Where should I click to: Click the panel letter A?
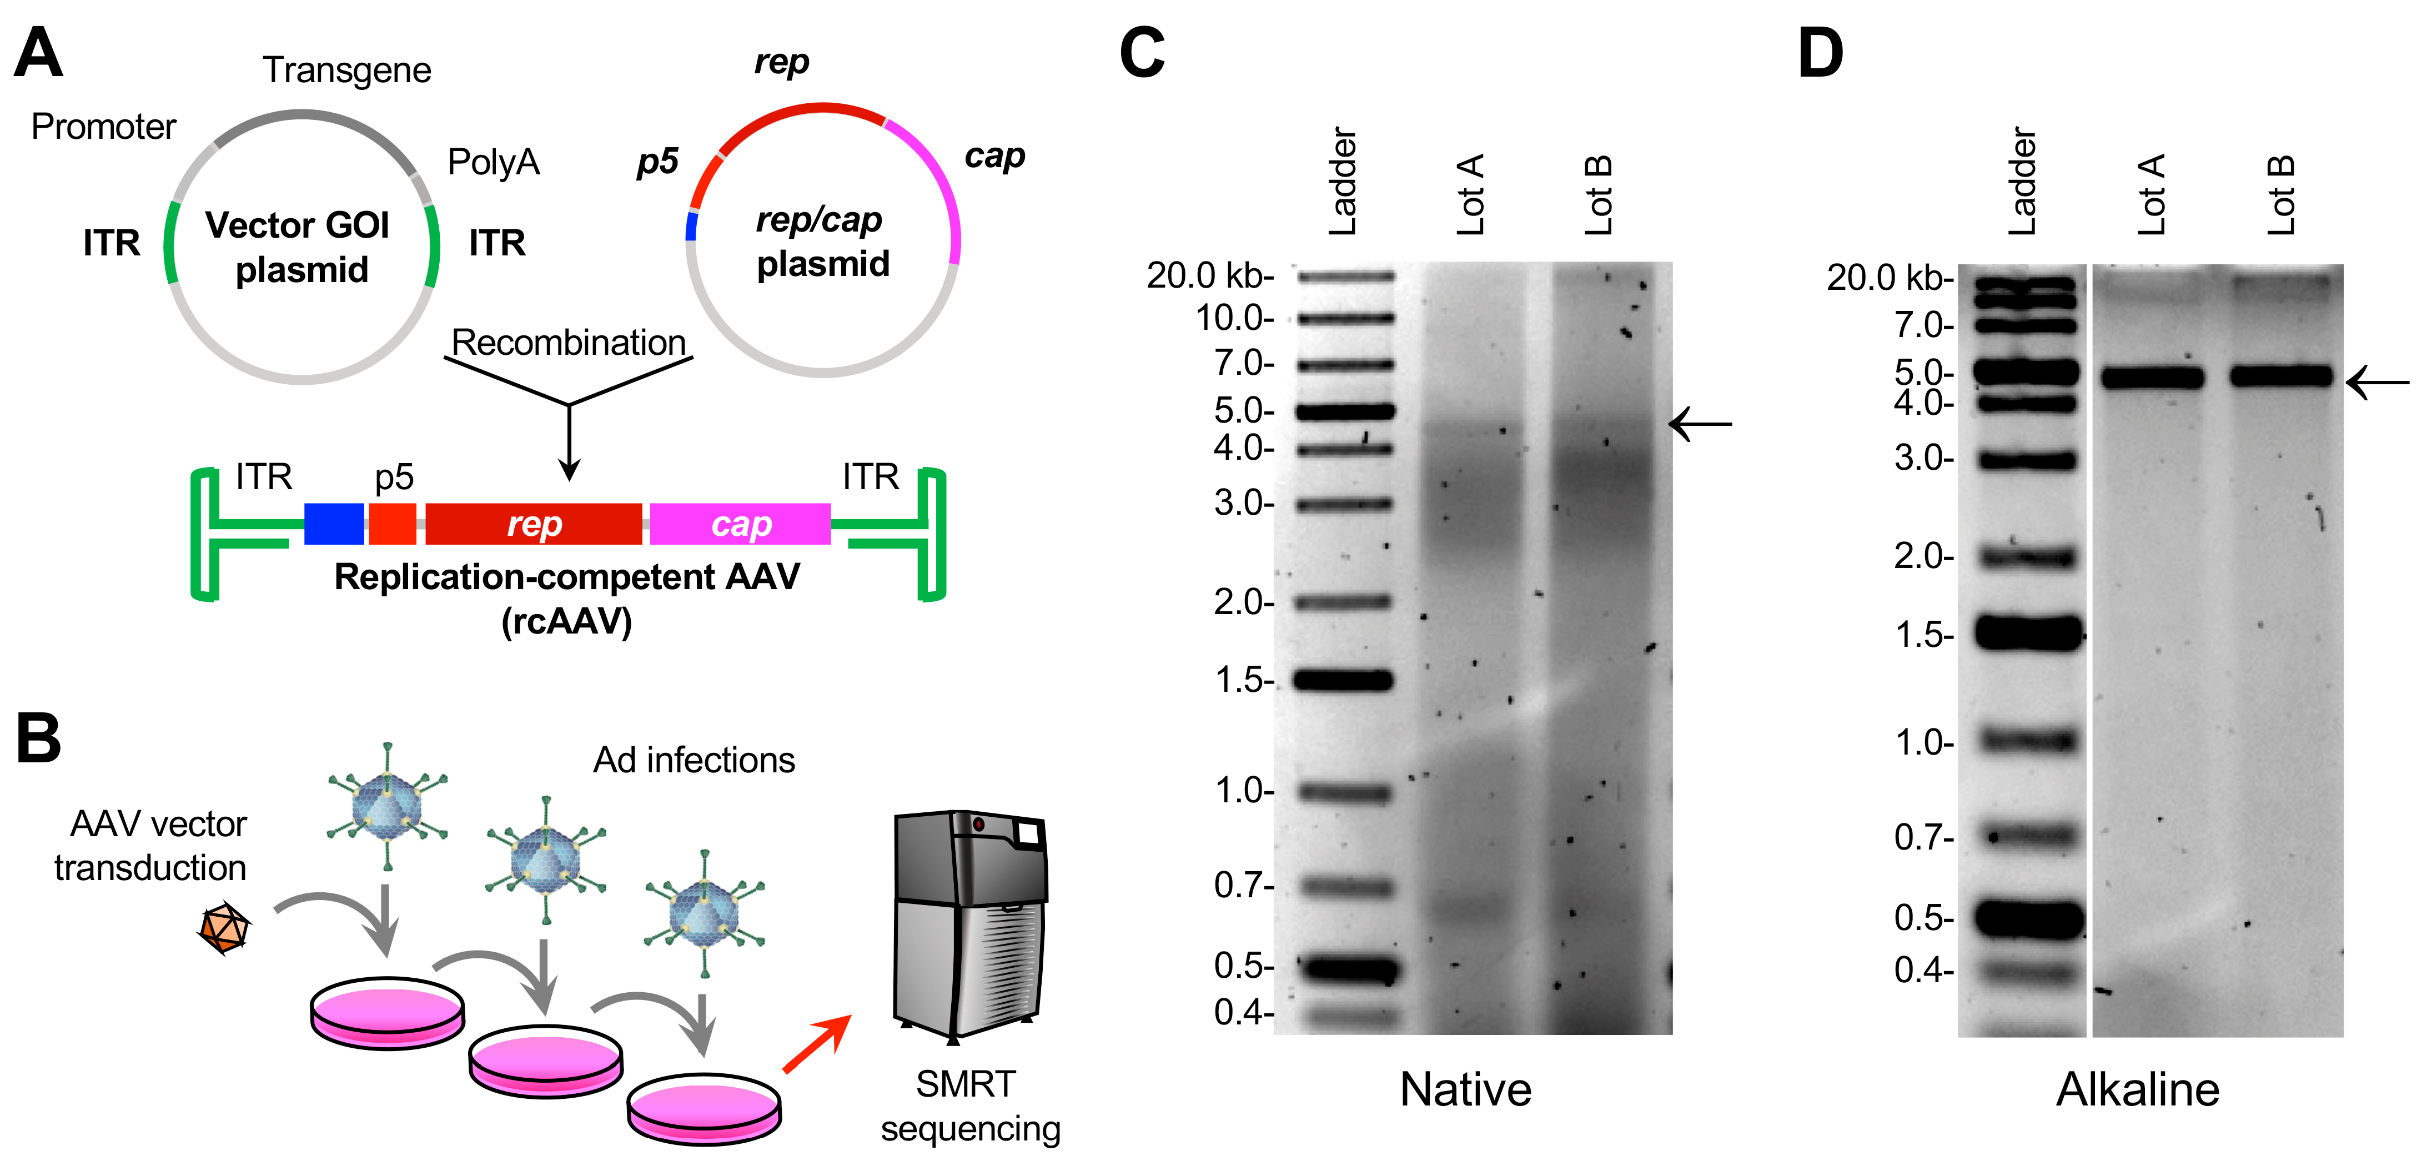point(38,54)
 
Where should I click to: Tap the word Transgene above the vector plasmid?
point(346,71)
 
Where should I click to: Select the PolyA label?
point(493,162)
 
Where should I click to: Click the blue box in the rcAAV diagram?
point(334,524)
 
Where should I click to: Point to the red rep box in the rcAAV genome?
point(533,524)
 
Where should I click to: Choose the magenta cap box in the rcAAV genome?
point(741,524)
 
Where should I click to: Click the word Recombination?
point(568,342)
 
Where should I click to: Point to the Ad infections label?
point(694,760)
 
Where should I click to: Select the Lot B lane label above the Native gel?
point(1599,195)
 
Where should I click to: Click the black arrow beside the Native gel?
point(1701,424)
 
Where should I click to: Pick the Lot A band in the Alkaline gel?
point(2153,379)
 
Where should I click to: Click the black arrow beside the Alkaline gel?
point(2377,383)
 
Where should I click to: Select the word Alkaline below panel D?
point(2137,1089)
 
